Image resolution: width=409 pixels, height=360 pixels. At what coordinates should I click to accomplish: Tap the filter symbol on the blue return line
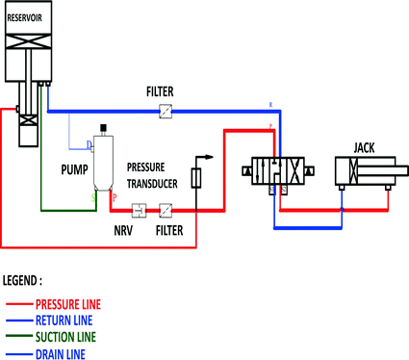tap(165, 112)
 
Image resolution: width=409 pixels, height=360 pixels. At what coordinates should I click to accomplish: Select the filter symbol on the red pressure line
tap(165, 209)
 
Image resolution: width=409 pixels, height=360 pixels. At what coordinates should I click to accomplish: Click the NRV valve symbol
tap(139, 209)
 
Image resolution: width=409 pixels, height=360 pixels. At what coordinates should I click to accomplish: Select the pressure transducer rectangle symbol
tap(195, 178)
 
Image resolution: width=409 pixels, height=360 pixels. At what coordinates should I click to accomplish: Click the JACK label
tap(365, 147)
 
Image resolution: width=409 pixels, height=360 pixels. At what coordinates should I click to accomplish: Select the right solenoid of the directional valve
tap(311, 171)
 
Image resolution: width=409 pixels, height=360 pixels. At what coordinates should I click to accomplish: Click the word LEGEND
tap(22, 282)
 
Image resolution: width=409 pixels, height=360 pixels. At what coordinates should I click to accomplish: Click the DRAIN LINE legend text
tap(61, 353)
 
